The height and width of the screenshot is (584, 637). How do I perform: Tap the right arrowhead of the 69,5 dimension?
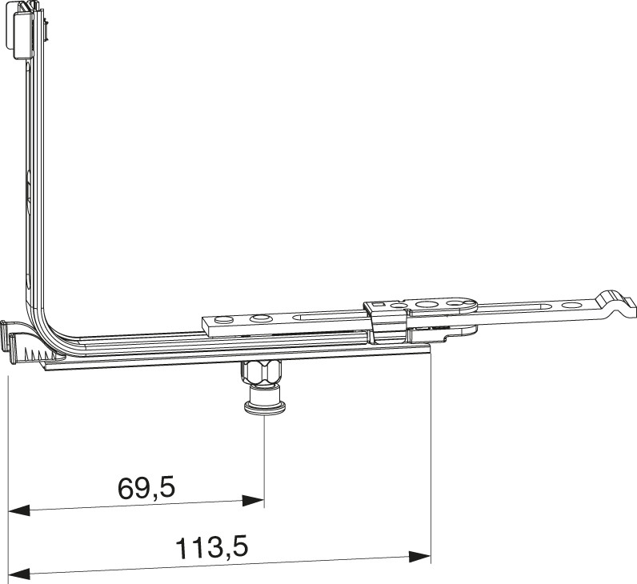coord(253,501)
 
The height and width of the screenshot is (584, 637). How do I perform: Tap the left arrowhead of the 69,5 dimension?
coord(19,510)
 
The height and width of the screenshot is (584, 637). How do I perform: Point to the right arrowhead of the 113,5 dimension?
coord(419,557)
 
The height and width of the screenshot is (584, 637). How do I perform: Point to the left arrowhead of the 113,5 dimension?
coord(19,574)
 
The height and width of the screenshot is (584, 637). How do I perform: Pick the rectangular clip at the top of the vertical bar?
coord(23,34)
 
